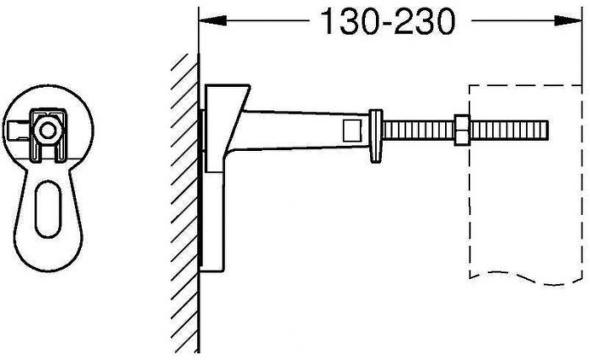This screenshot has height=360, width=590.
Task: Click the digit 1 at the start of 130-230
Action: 325,24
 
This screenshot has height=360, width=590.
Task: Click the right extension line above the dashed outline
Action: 582,51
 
